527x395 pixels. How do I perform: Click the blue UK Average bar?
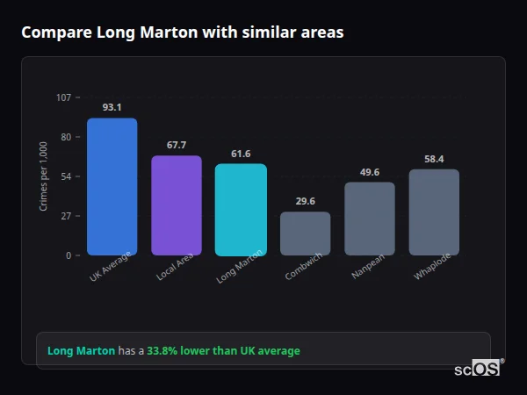pos(112,187)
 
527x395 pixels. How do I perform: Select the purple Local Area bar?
pos(177,205)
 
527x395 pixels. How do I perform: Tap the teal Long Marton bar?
pos(241,210)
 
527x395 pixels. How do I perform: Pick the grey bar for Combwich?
pos(306,233)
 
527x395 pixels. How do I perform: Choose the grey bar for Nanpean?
pos(370,219)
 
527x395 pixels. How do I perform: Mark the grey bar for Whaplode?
pos(434,212)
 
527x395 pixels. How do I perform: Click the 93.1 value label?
pos(112,107)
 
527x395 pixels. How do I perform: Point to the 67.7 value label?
pos(177,145)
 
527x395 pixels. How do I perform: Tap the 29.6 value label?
pos(306,201)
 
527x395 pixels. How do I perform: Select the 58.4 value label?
pos(434,159)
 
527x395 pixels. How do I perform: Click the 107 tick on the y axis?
pos(63,97)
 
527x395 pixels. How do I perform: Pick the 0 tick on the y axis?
pos(68,255)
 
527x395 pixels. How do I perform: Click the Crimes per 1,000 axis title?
pos(43,176)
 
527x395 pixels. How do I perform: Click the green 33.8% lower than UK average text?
pos(223,351)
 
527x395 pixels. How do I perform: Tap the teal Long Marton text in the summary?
pos(81,351)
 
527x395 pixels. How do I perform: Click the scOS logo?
pos(477,370)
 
